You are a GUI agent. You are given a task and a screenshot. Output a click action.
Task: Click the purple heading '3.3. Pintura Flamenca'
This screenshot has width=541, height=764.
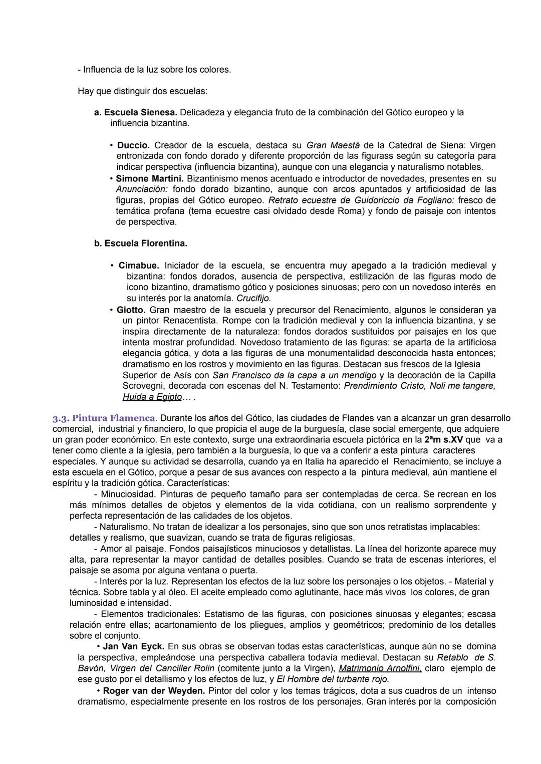104,418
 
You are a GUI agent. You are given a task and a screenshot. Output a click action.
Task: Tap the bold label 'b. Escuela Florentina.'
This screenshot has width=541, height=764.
141,243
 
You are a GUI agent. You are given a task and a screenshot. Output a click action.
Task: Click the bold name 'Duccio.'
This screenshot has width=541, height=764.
133,145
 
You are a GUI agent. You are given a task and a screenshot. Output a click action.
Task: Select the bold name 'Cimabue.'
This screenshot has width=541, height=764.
139,266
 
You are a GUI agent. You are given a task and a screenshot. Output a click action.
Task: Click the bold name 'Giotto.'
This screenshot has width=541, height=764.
131,310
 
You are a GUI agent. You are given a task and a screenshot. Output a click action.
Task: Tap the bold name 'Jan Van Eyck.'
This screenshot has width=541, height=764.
133,647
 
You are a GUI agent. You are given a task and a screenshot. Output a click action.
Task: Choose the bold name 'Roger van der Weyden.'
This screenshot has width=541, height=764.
154,691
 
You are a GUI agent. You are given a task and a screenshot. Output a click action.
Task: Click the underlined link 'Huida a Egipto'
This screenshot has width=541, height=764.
152,397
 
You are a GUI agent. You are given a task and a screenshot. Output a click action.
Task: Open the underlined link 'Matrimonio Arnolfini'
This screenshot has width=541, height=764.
380,668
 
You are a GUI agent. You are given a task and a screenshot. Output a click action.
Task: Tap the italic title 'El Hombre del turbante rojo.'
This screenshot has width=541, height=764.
333,679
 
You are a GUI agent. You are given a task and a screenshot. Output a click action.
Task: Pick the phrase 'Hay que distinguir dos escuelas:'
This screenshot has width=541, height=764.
142,91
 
